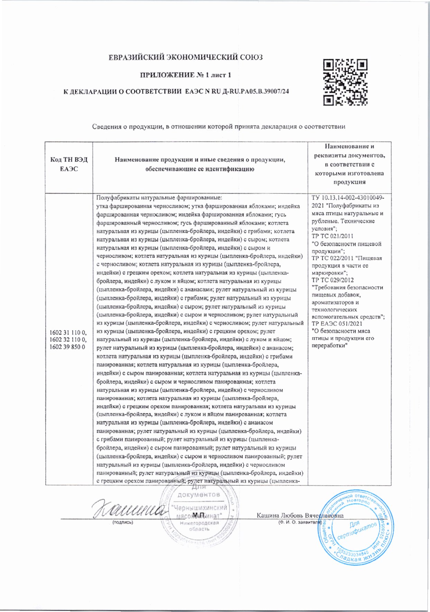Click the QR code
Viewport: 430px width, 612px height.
click(x=345, y=82)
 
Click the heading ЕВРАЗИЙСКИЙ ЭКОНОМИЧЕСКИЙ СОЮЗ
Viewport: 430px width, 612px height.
click(x=186, y=57)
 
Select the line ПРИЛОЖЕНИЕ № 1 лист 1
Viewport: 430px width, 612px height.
click(x=185, y=75)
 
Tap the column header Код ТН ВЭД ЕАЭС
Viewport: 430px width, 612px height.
click(x=69, y=164)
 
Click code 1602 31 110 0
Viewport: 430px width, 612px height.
click(x=68, y=333)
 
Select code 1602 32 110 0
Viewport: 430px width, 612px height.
click(x=68, y=340)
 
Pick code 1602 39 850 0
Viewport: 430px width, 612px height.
click(x=67, y=347)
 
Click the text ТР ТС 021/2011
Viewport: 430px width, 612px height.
click(x=332, y=236)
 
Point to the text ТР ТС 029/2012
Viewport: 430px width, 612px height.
click(x=332, y=280)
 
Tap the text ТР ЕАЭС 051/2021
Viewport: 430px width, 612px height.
click(x=337, y=324)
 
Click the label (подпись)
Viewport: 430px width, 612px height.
click(x=122, y=522)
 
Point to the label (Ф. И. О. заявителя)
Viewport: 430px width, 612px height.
click(x=300, y=522)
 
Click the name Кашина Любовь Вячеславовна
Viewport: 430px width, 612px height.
click(x=300, y=515)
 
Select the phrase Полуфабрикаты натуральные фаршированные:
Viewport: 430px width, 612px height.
click(x=159, y=198)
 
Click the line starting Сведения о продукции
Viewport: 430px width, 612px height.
click(x=219, y=127)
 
